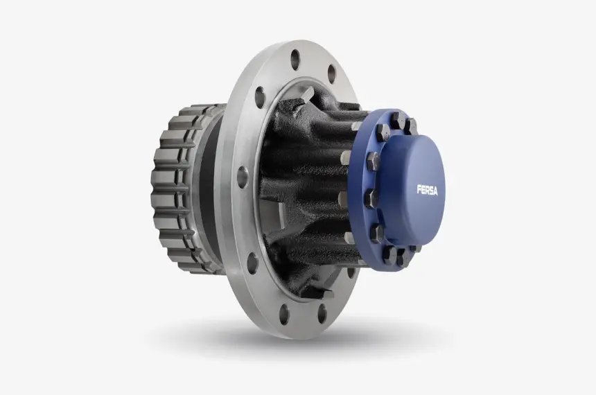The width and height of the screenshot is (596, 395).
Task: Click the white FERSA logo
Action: pyautogui.click(x=427, y=190)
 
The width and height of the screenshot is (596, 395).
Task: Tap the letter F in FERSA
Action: pyautogui.click(x=419, y=189)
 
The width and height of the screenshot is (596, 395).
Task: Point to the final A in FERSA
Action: pyautogui.click(x=435, y=191)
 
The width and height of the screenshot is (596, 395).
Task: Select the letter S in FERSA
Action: pyautogui.click(x=430, y=190)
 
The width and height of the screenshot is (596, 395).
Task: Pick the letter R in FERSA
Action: pyautogui.click(x=426, y=190)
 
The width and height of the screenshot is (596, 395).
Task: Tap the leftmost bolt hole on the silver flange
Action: pyautogui.click(x=242, y=177)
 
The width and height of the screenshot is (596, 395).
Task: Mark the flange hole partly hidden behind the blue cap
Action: pyautogui.click(x=351, y=272)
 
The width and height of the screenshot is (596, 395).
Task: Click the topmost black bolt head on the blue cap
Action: pyautogui.click(x=396, y=120)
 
